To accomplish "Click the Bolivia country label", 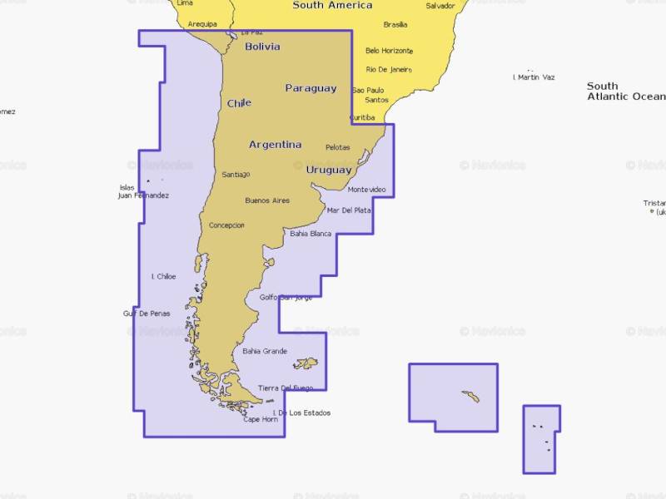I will coord(262,47).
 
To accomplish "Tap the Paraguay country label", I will coord(311,88).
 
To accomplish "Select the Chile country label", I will coord(239,103).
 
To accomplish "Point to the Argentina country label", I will coord(275,145).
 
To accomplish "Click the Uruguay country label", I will coord(328,170).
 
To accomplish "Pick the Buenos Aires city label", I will coord(267,200).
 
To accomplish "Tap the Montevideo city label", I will coord(366,190).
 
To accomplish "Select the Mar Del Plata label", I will coord(349,210).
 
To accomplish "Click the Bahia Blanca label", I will coord(311,234).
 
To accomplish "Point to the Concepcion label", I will coord(226,225).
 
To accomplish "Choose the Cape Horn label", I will coord(260,419).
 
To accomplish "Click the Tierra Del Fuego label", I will coord(286,388).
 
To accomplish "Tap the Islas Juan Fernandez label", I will coord(143,191).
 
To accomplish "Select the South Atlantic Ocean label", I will coord(624,91).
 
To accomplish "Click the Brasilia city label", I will coord(395,25).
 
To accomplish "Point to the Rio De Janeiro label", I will coord(389,70).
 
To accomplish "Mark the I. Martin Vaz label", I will coord(534,77).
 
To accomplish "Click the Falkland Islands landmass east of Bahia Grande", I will coord(306,363).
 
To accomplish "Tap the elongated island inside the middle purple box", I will coord(470,397).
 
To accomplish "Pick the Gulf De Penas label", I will coord(147,314).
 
